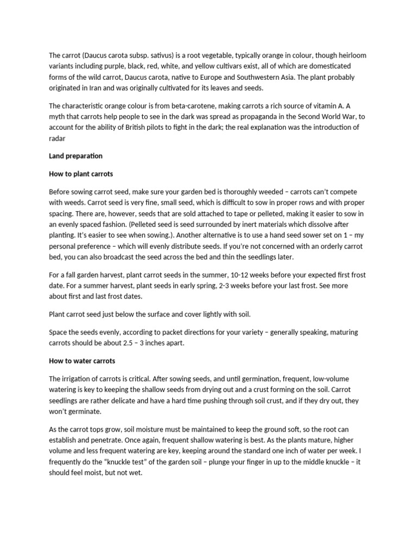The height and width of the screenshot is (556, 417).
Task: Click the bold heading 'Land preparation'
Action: [75, 156]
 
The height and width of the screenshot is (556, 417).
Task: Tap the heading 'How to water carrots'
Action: [82, 361]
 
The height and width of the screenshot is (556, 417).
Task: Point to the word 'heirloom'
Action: [351, 55]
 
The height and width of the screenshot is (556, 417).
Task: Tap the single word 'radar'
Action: [58, 138]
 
